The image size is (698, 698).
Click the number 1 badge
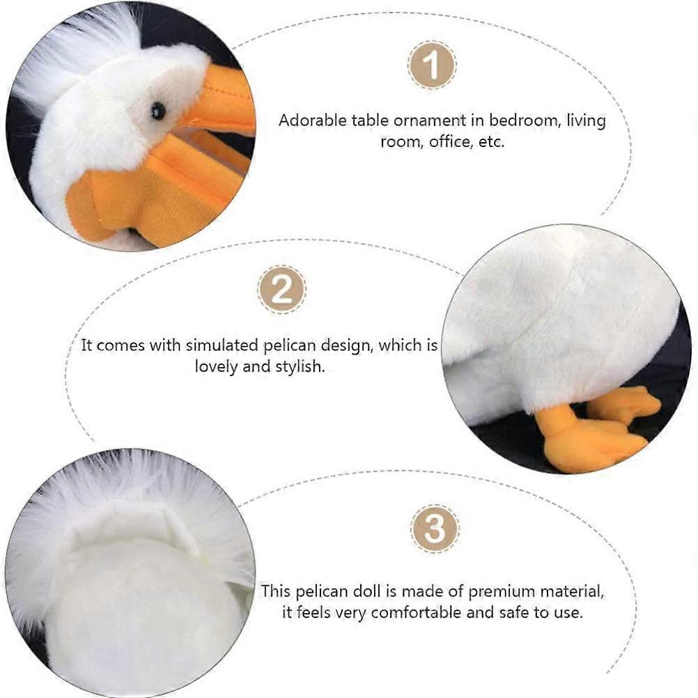[432, 65]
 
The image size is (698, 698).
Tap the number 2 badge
[281, 289]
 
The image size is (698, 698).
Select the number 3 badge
[435, 529]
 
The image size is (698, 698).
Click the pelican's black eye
[159, 110]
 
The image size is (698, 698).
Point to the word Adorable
[310, 120]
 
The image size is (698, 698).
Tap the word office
[452, 141]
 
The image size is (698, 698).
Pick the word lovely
[217, 366]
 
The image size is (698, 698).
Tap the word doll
[362, 591]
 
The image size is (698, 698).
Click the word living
[586, 120]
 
